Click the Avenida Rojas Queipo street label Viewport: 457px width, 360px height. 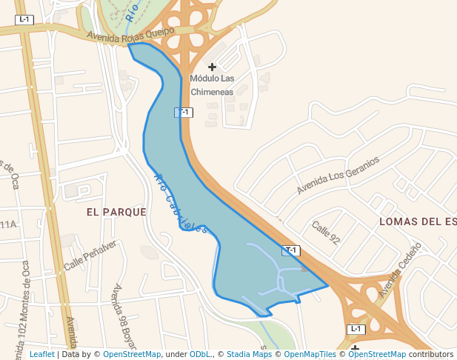[130, 34]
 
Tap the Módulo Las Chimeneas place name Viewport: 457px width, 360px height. [212, 84]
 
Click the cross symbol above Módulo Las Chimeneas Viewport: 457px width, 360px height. [212, 67]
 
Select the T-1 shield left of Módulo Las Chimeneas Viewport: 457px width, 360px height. [183, 113]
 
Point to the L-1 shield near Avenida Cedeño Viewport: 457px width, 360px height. [356, 329]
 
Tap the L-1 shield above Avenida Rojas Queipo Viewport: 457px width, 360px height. [24, 19]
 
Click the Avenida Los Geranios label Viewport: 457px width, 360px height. [338, 175]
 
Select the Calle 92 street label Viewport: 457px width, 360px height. [325, 233]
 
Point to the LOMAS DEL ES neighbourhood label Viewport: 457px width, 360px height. [417, 221]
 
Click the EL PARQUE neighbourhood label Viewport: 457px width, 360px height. [116, 212]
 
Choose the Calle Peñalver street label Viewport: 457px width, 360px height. [90, 255]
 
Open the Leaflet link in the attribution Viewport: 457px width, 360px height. [41, 354]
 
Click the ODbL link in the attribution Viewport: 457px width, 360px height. [201, 354]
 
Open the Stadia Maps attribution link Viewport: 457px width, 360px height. [249, 354]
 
